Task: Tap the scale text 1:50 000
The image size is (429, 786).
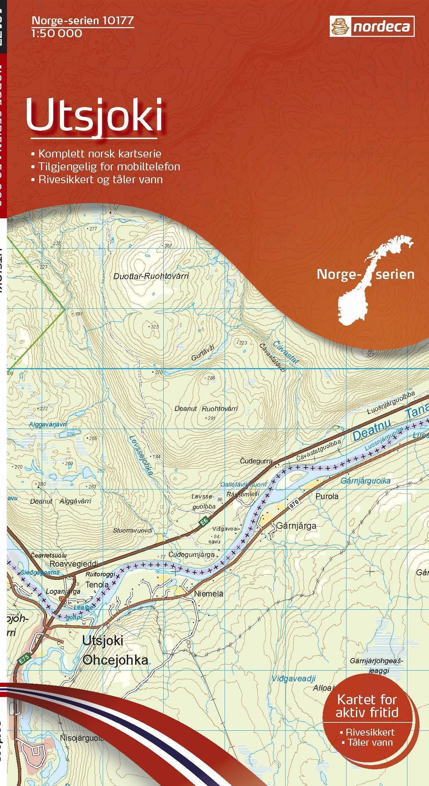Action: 57,33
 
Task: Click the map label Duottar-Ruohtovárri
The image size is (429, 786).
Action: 151,277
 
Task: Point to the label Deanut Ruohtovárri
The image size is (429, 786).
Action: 206,408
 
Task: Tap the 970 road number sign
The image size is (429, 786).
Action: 294,507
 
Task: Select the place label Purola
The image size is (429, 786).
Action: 327,496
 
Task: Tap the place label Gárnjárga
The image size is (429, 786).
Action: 296,526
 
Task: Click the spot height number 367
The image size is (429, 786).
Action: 169,246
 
